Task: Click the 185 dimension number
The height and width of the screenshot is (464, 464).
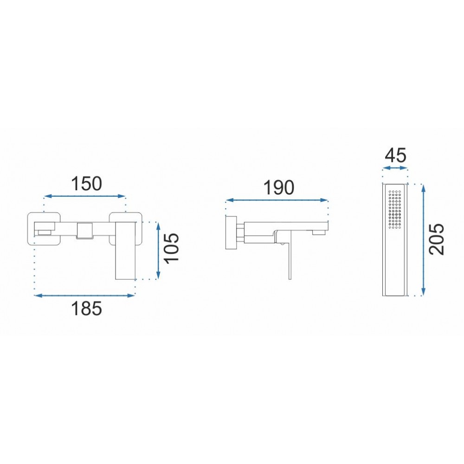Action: click(x=86, y=308)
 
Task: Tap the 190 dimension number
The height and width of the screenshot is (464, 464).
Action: click(x=279, y=187)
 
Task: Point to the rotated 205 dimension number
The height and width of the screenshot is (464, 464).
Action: click(x=437, y=239)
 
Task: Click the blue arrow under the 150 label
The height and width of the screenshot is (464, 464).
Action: click(x=85, y=196)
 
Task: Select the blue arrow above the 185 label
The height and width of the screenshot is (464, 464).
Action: click(x=85, y=295)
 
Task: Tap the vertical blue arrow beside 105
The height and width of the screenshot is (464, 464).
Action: click(x=158, y=251)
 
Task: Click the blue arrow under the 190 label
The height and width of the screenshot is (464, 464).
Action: click(x=277, y=200)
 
